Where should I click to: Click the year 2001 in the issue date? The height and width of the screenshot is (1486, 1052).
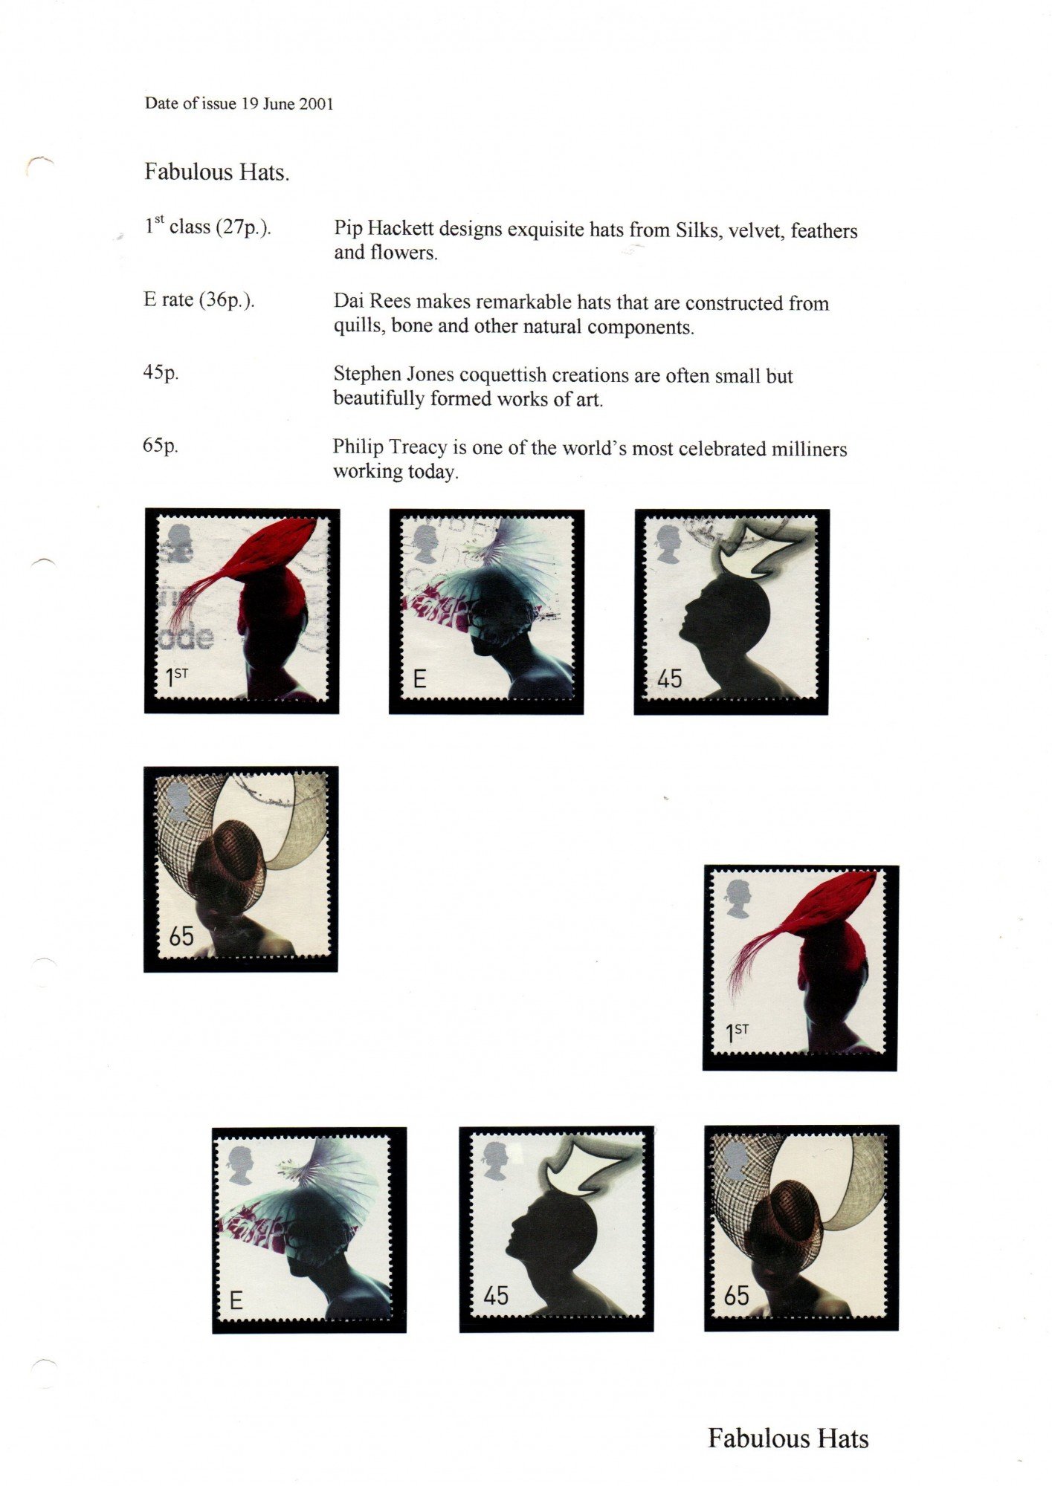click(x=316, y=104)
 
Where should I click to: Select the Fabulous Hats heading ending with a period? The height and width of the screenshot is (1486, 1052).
click(x=216, y=172)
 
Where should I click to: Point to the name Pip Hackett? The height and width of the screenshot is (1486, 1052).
click(x=384, y=230)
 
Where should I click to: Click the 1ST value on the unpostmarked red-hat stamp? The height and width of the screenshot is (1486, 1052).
click(x=738, y=1032)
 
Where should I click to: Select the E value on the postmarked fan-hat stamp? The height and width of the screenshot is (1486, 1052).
click(x=419, y=679)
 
